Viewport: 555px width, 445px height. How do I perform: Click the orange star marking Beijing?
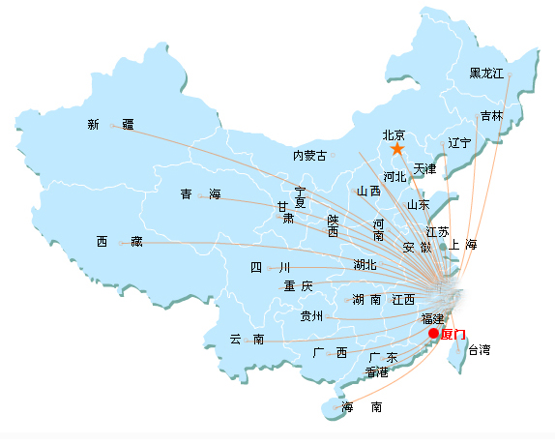[397, 149]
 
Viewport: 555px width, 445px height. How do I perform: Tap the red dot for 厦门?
[433, 333]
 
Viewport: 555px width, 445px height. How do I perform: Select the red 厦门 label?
[453, 334]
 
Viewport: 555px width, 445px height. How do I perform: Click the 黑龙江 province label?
[486, 74]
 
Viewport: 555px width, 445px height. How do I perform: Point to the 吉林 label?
[491, 116]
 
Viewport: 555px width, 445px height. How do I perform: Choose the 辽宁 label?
[459, 143]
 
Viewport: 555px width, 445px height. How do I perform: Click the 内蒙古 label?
[309, 156]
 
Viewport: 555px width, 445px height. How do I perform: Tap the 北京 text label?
[394, 134]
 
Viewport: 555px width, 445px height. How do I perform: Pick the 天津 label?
[424, 168]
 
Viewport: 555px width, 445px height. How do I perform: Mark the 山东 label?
[419, 205]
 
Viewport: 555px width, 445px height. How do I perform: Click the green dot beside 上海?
[443, 247]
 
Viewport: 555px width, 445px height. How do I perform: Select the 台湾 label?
[480, 350]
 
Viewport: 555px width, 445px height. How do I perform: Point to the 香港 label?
[377, 372]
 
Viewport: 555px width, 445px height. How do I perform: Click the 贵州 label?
[311, 315]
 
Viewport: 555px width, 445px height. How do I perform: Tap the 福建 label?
[432, 319]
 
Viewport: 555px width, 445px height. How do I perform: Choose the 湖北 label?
[365, 264]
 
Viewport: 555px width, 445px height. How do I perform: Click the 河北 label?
[394, 176]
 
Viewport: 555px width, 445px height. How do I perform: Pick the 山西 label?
[368, 192]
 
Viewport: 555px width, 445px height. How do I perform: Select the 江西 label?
[403, 300]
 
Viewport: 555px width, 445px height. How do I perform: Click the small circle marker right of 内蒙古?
[333, 155]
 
